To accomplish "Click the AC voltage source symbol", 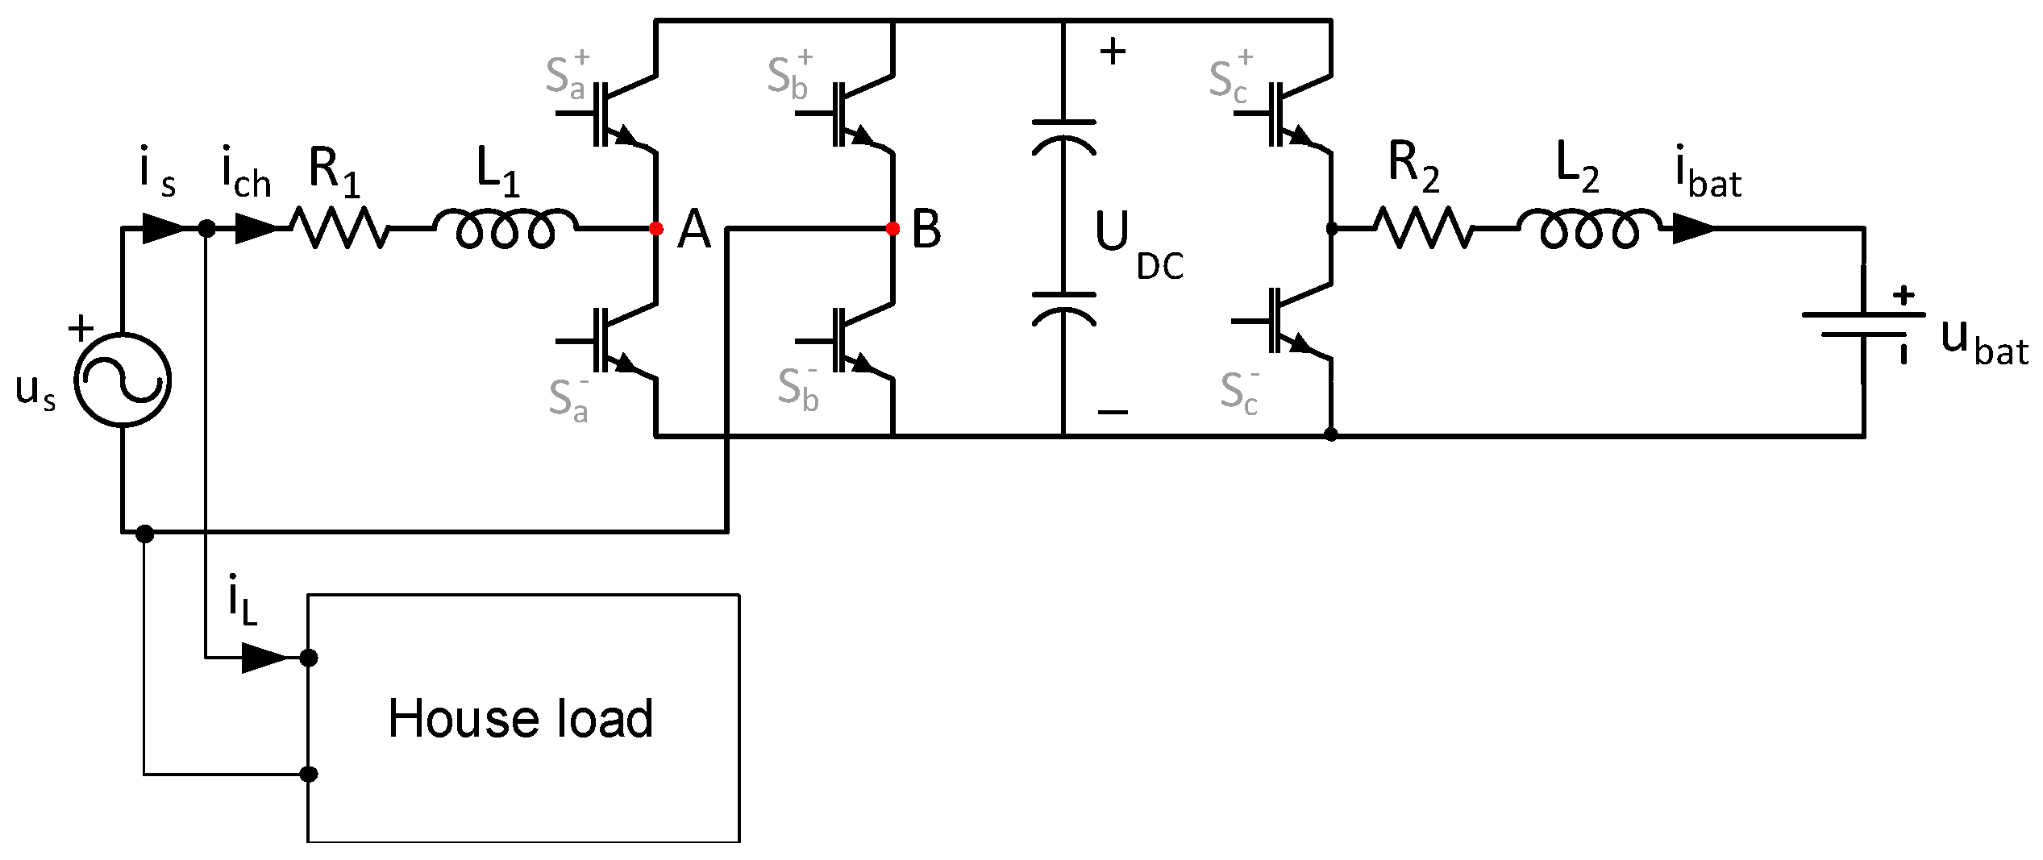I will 122,380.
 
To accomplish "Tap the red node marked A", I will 656,229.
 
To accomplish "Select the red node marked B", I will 893,229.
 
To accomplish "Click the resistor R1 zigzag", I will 341,228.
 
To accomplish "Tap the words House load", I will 520,718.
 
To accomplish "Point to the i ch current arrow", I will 257,229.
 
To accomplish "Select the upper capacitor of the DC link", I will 1064,136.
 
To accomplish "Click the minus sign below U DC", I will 1113,412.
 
